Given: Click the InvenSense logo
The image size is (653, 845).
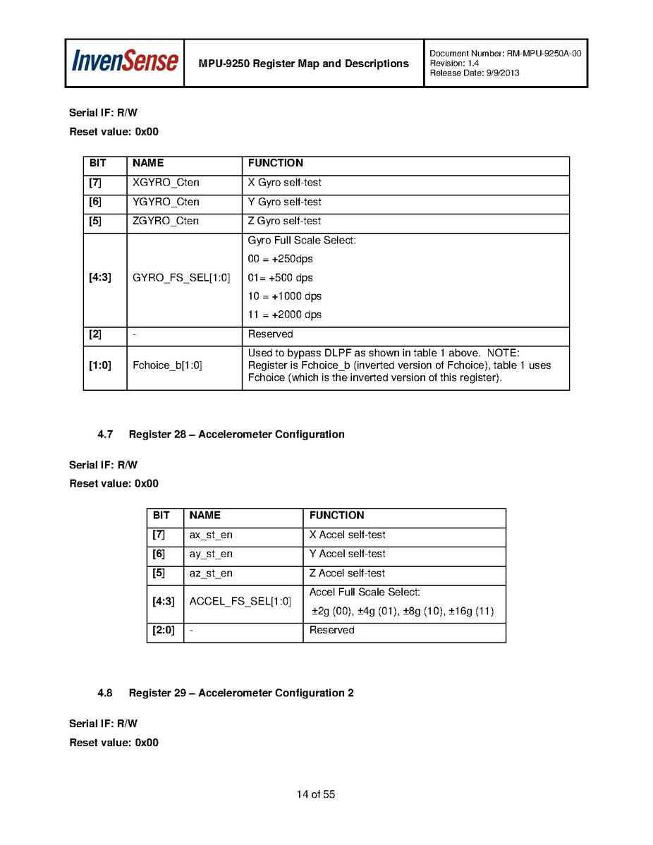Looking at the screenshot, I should tap(124, 62).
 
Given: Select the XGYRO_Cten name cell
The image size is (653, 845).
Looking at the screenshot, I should tap(166, 183).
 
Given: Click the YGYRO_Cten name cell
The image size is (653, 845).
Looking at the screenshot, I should tap(166, 202).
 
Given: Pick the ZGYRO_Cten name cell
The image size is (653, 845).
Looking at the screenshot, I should tap(166, 221).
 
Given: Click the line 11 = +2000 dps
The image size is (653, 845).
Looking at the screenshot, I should tap(285, 315).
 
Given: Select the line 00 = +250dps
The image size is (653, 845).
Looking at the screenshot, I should tap(280, 259).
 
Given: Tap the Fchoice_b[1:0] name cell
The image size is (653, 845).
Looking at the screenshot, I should tap(167, 365).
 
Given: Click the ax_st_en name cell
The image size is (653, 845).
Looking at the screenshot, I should tap(211, 535).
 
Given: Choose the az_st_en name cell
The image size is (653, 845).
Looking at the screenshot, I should tap(211, 573).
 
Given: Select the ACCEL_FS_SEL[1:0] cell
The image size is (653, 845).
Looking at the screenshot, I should tap(240, 601).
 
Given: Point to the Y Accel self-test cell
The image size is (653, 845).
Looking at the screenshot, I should tap(348, 554).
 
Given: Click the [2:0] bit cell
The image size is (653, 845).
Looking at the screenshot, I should tap(164, 631).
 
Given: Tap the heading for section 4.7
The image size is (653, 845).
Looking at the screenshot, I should tap(236, 434).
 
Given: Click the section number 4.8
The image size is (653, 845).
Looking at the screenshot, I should tap(105, 693).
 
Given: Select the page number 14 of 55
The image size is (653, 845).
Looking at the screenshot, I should tap(315, 794).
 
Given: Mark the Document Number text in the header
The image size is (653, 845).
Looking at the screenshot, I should tap(505, 54).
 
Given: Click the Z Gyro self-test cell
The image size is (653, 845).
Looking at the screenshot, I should tap(284, 221).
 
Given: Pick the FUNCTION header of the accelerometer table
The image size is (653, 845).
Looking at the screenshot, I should tap(336, 516).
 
